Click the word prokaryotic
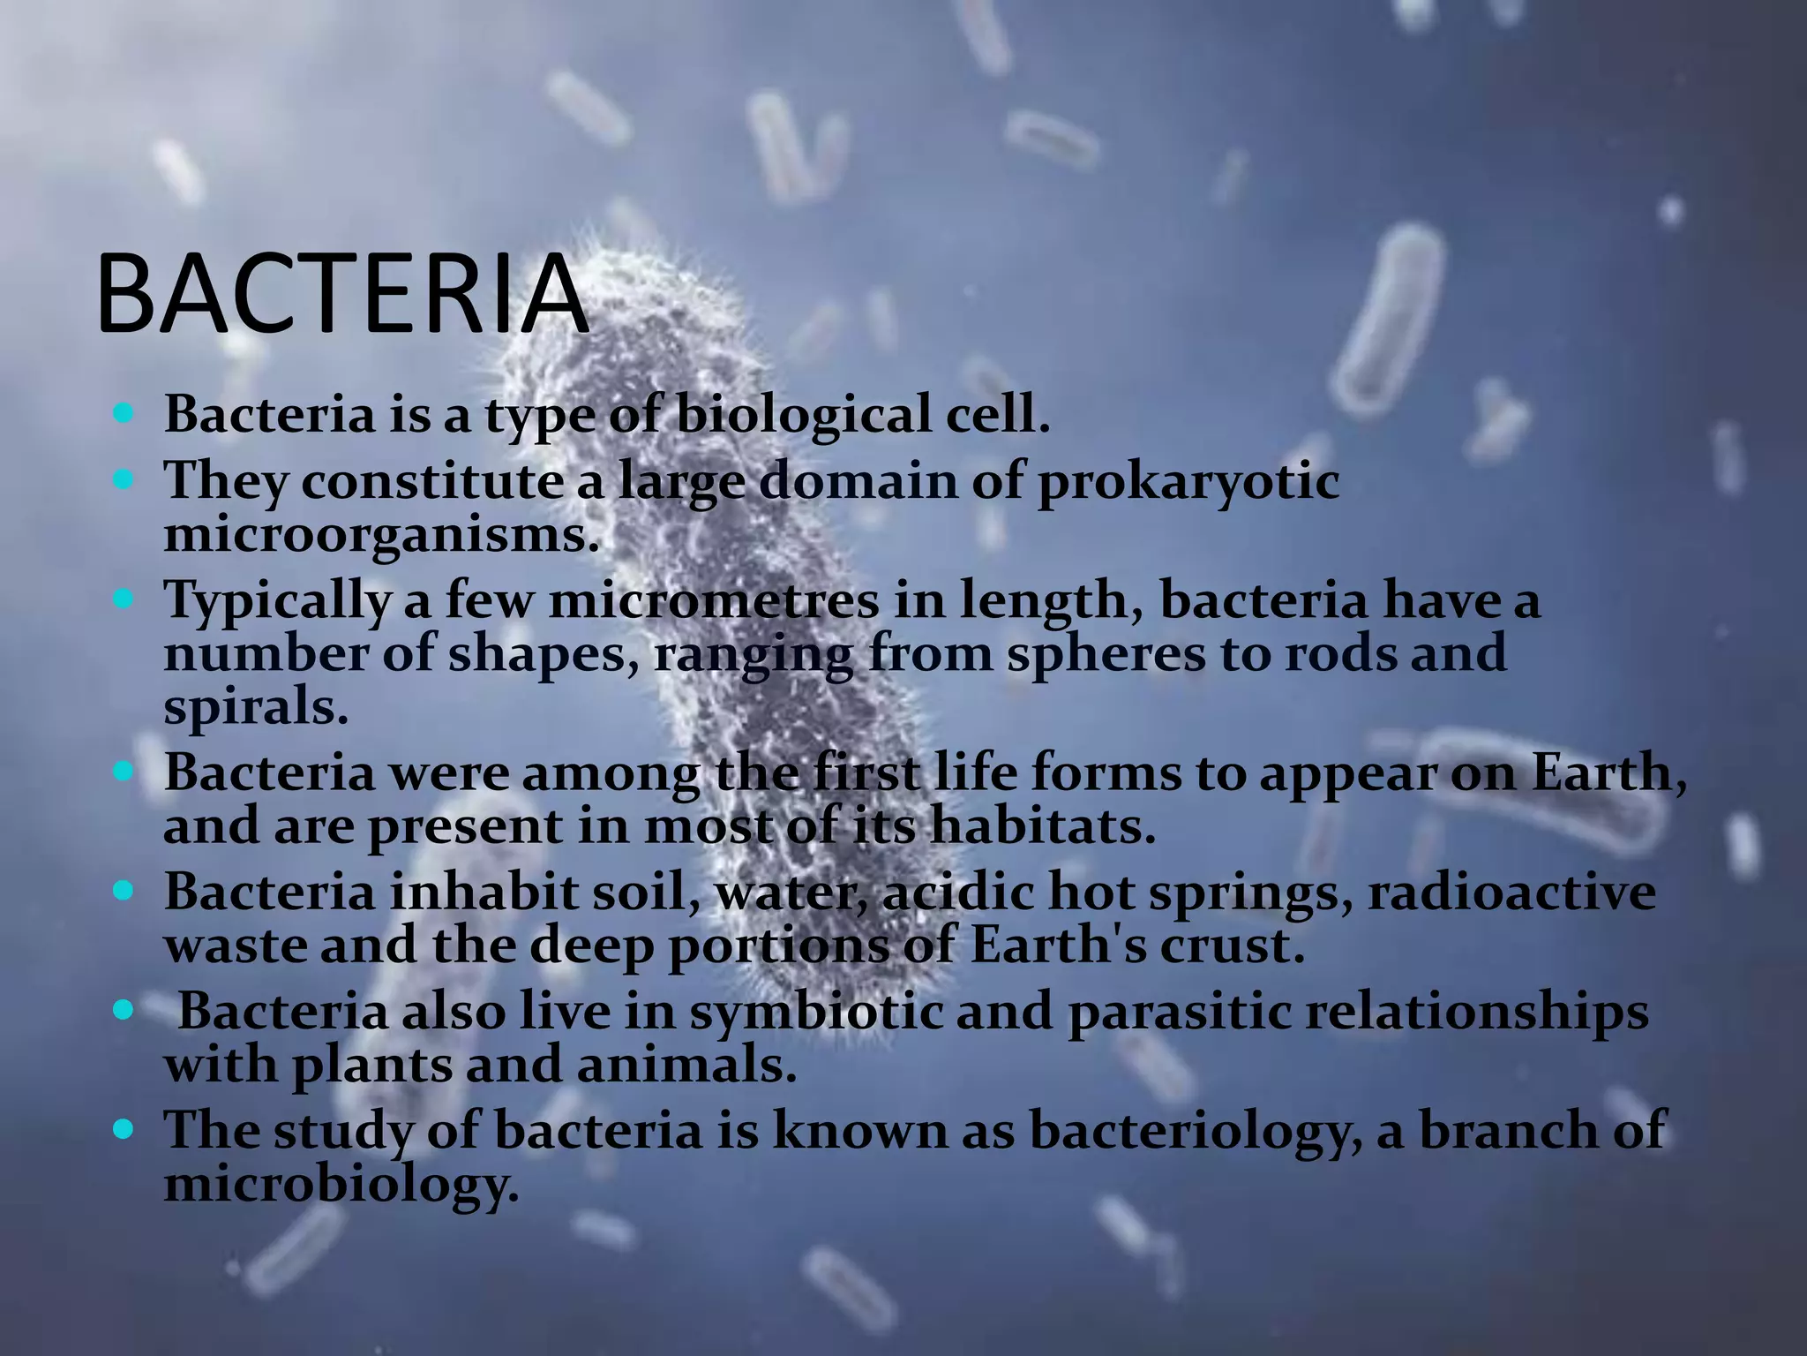1188,483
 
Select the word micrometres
714,601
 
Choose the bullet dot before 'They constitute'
123,481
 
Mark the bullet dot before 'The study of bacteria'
123,1128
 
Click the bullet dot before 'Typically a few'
123,600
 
